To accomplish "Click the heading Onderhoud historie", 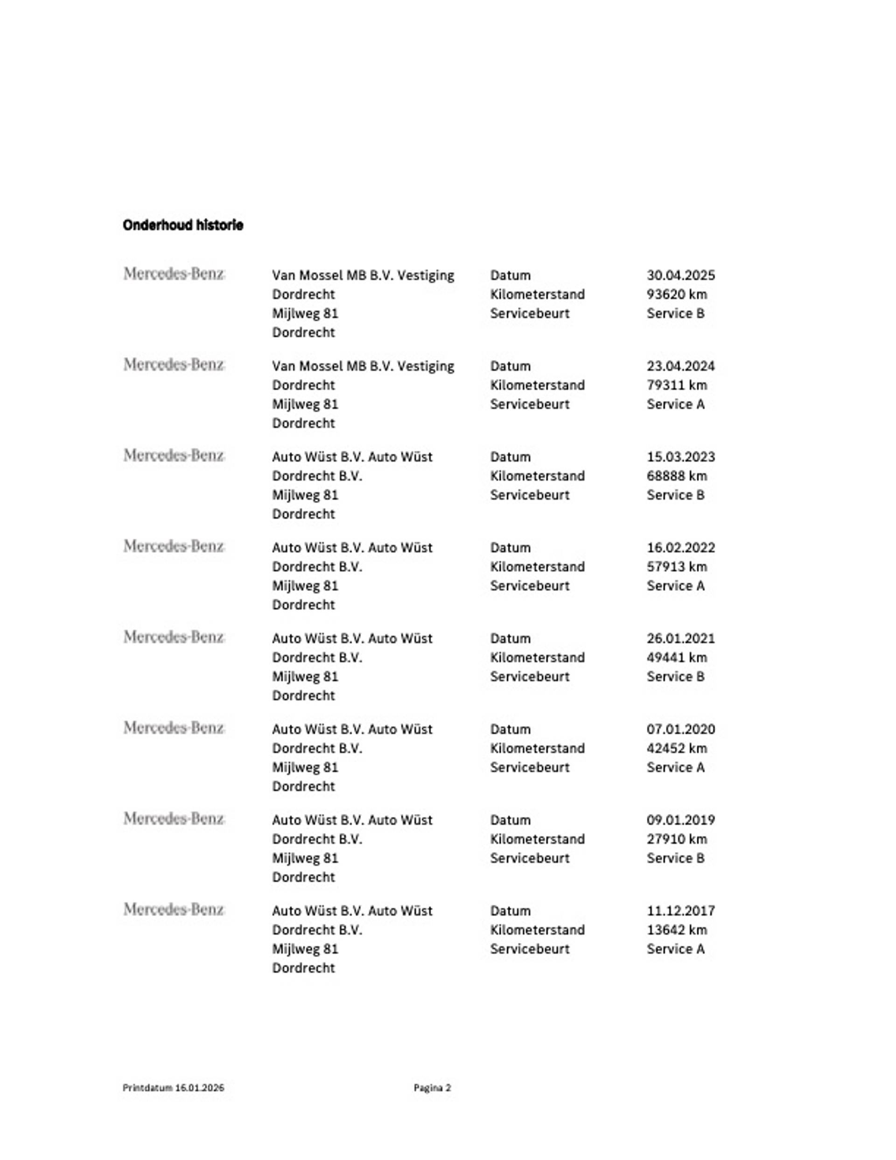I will (x=183, y=225).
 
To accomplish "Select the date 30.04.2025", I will (x=680, y=275).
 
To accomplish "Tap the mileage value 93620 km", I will (x=676, y=294).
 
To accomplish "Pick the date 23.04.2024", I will (x=680, y=366).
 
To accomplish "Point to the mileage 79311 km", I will (x=676, y=385).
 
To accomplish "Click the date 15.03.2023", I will (x=680, y=457).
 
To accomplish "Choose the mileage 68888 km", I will (x=676, y=476).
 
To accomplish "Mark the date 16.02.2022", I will (x=680, y=548).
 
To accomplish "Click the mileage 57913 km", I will (x=676, y=567).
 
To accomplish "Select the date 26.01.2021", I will (x=680, y=639).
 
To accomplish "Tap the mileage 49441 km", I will (x=676, y=658).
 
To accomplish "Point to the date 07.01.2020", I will (x=680, y=729).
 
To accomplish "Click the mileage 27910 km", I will (x=676, y=839).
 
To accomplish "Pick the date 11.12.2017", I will (x=680, y=911).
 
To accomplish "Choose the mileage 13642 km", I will (x=676, y=930).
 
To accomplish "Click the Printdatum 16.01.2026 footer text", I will (x=173, y=1088).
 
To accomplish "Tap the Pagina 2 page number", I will (x=432, y=1088).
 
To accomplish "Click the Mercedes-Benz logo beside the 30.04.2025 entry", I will (x=174, y=274).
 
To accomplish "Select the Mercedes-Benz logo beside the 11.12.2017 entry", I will (x=174, y=910).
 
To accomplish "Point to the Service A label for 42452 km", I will (x=675, y=767).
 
